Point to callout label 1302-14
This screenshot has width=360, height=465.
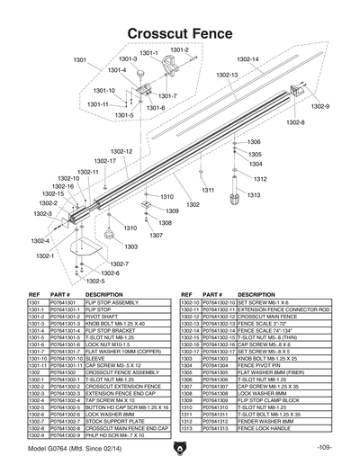click(248, 59)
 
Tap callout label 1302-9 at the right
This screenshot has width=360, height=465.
click(320, 106)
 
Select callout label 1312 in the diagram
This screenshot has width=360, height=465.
click(255, 179)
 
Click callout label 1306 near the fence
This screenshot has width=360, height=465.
click(254, 142)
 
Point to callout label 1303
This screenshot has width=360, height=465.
click(131, 246)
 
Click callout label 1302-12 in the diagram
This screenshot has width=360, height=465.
click(121, 152)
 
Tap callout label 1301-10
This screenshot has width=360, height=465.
click(105, 91)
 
